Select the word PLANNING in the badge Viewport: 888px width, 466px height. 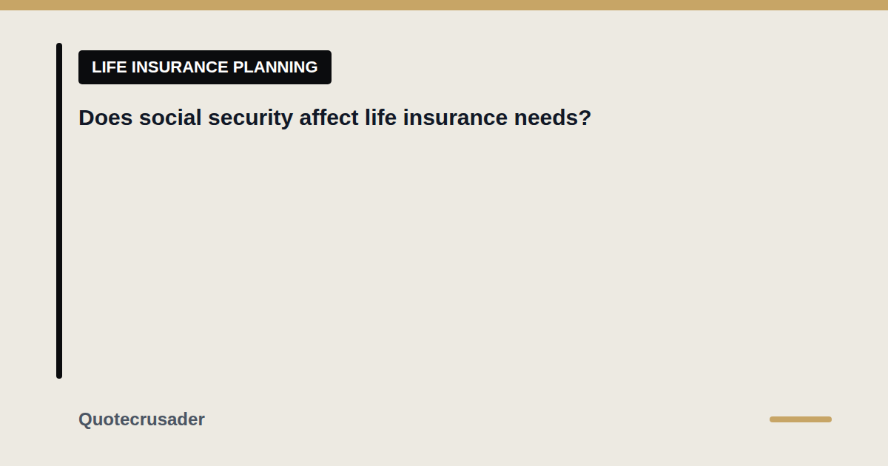[x=275, y=67]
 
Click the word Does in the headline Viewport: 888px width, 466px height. [x=105, y=118]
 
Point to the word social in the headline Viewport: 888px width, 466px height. [x=170, y=118]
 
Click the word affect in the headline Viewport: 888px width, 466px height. [x=329, y=118]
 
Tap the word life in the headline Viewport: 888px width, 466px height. [x=380, y=118]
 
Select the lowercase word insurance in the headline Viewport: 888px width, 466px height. [x=455, y=118]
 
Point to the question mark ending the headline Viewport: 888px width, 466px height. [x=585, y=118]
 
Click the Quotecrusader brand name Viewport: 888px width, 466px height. [x=141, y=419]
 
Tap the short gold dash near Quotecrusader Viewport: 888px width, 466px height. [x=801, y=419]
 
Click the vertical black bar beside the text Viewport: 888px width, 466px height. [x=59, y=211]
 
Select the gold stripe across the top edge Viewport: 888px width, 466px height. [x=444, y=5]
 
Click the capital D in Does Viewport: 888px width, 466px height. [x=87, y=118]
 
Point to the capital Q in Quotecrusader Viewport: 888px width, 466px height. [x=86, y=419]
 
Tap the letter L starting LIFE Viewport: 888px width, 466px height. [x=96, y=67]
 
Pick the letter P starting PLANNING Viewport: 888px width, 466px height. [x=238, y=67]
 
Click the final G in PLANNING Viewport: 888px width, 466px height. [x=312, y=67]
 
